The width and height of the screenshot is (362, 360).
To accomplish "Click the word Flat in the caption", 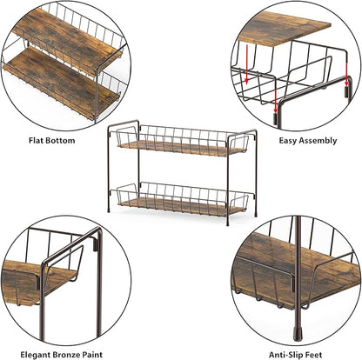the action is tap(36, 141).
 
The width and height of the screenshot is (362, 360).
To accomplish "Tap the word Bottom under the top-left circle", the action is tap(60, 141).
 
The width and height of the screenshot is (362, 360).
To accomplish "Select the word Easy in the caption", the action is tap(288, 141).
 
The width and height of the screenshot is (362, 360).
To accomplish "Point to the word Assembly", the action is tap(318, 141).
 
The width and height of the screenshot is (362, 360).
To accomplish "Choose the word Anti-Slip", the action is tap(285, 355).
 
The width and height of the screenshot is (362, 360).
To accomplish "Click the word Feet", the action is tap(312, 355).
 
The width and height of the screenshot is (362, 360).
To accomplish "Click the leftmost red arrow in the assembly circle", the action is tap(246, 64).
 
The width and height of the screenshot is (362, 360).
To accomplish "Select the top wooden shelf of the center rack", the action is tap(181, 149).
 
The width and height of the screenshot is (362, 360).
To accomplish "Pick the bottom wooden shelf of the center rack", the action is tap(181, 207).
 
